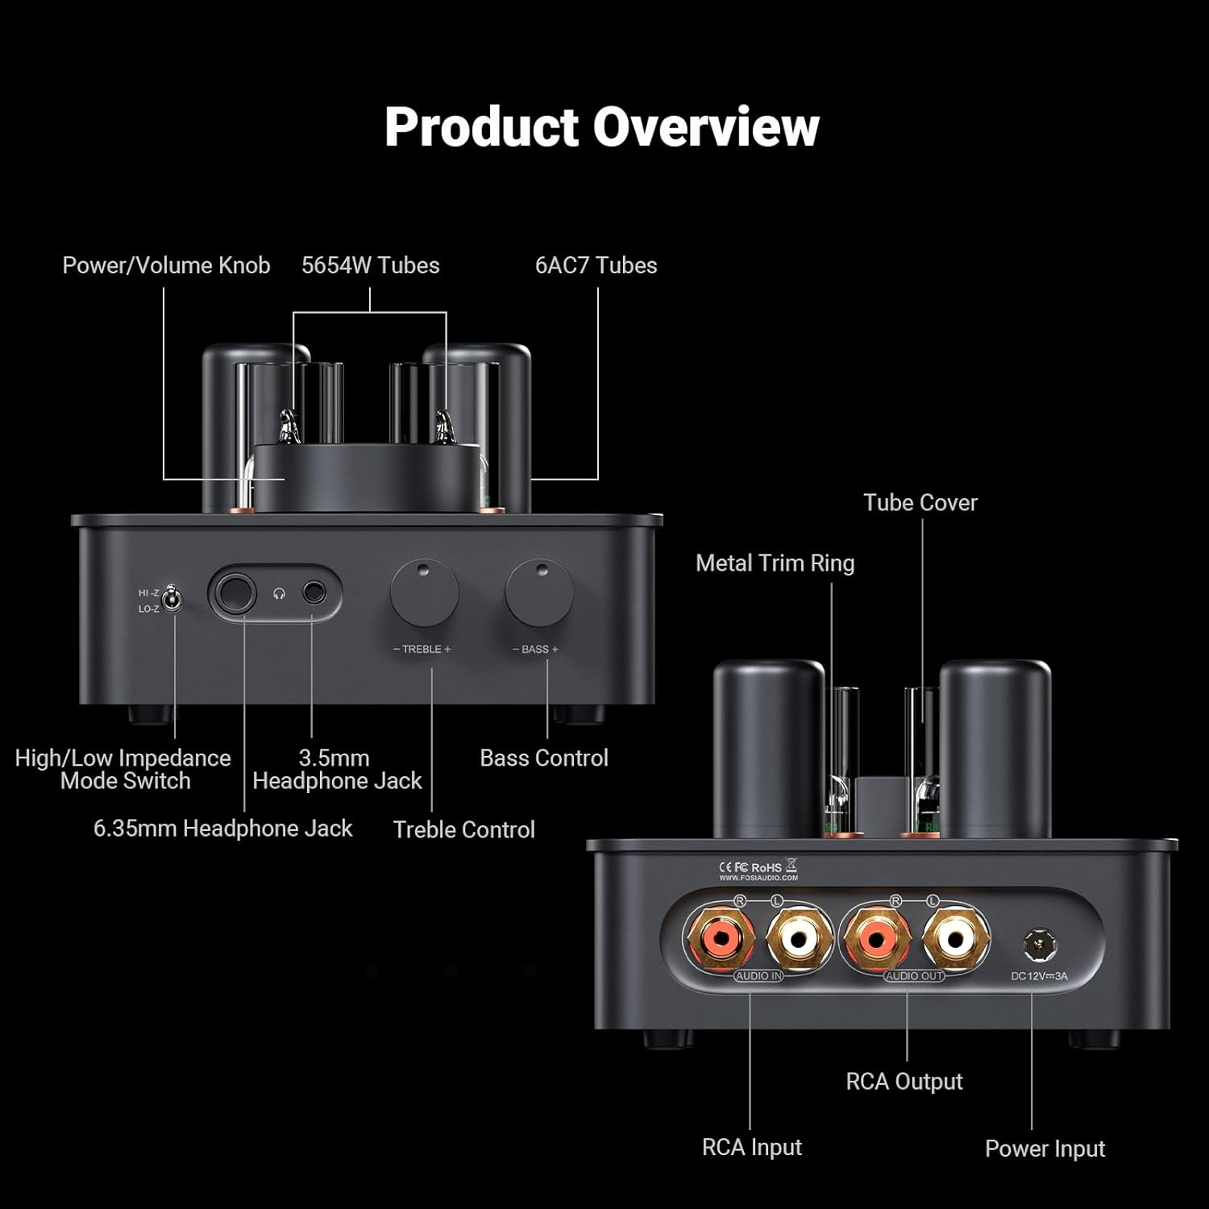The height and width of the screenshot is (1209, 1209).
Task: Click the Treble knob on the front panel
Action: [x=425, y=594]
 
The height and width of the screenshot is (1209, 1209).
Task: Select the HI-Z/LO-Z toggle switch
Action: [x=170, y=600]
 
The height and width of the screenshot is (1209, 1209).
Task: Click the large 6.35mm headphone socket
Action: [x=234, y=595]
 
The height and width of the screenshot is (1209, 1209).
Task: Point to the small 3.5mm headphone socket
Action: [x=314, y=594]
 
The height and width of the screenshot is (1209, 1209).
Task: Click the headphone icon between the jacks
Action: [x=279, y=595]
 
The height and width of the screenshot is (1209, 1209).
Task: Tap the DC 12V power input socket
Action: [x=1039, y=945]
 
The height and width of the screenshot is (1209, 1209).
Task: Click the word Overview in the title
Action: [x=706, y=127]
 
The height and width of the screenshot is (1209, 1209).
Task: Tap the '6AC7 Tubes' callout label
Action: [x=596, y=265]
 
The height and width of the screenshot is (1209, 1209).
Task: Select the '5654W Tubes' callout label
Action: [x=370, y=265]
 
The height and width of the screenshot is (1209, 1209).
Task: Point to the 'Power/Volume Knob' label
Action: [x=166, y=265]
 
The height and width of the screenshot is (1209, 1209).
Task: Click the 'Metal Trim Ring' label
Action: [x=775, y=563]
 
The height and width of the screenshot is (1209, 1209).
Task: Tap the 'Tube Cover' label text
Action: [x=920, y=502]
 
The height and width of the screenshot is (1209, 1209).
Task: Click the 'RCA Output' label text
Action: [x=904, y=1081]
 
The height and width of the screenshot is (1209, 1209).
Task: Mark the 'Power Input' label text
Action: [x=1045, y=1149]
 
